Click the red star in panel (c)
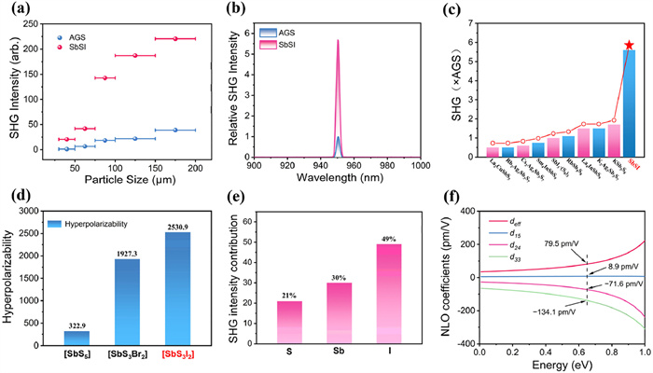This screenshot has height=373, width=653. (631, 45)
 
